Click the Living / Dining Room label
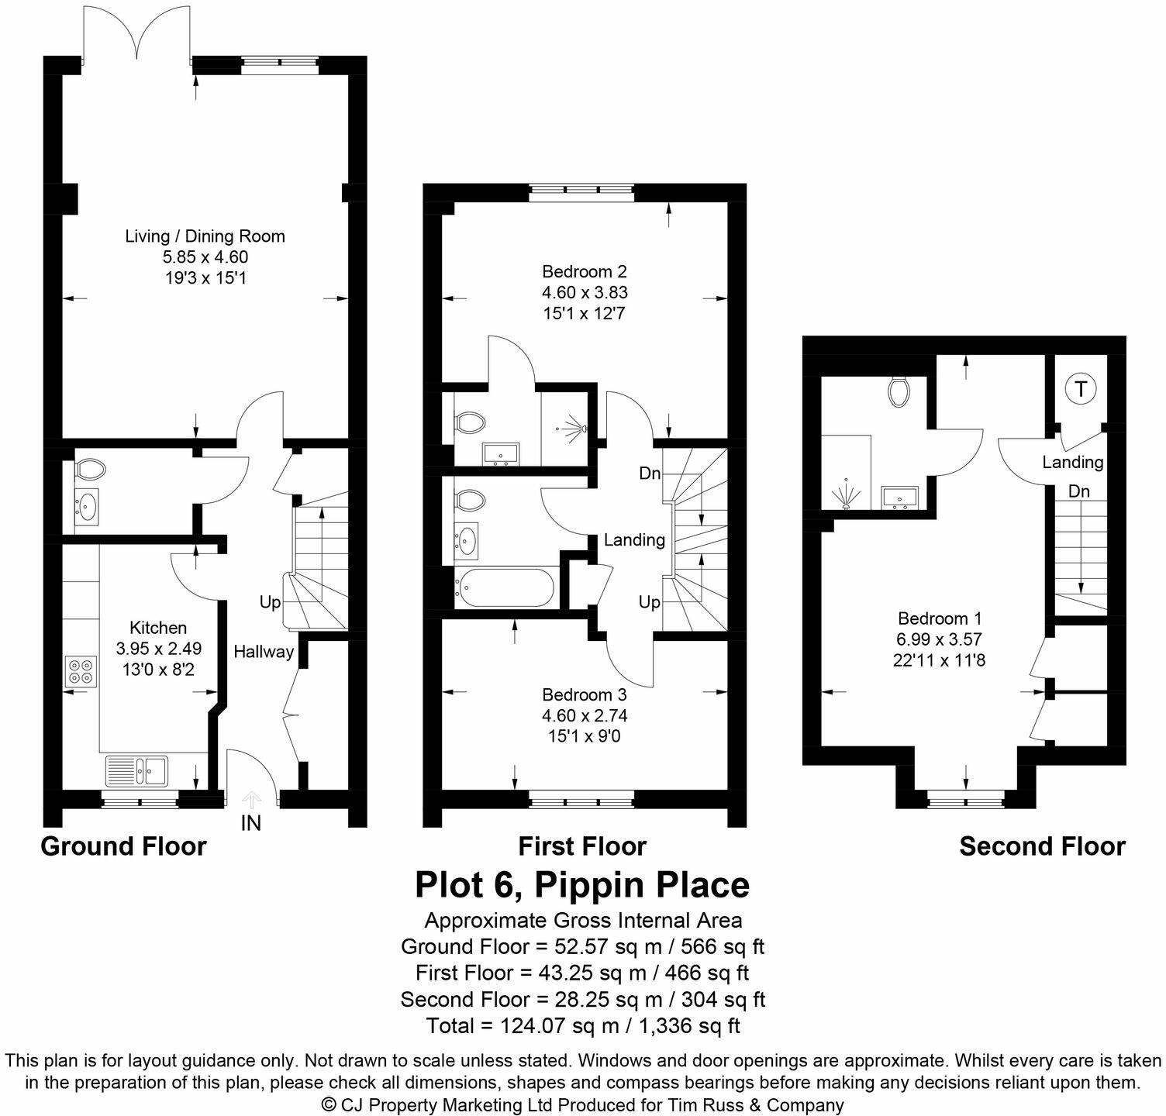[205, 236]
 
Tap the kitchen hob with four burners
[81, 670]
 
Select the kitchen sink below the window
[137, 770]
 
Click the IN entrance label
[250, 823]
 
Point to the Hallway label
[264, 652]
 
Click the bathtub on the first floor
[505, 588]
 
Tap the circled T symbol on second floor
[1080, 388]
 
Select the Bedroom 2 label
[584, 272]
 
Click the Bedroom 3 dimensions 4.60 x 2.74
[585, 715]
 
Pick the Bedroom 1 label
[940, 618]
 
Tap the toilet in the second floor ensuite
[900, 391]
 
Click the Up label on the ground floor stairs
[270, 602]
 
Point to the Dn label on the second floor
[1078, 491]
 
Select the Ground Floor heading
[123, 846]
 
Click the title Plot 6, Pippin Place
[582, 884]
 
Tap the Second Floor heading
[1041, 846]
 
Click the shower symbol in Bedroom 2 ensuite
[574, 428]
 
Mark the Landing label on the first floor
[634, 539]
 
